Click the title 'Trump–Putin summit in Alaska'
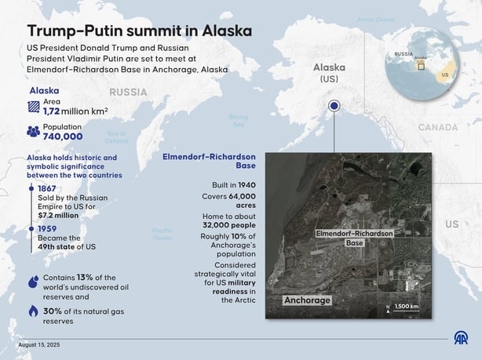tap(140, 31)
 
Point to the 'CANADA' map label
tap(436, 126)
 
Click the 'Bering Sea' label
tap(238, 120)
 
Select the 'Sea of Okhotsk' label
tap(116, 137)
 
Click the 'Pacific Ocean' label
tap(162, 234)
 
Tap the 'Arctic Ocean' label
tap(376, 19)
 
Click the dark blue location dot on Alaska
tap(334, 106)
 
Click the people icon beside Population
tap(32, 132)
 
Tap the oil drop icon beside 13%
tap(32, 281)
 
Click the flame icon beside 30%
tap(32, 311)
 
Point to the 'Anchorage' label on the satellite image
tap(307, 300)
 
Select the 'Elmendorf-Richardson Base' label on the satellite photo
tap(355, 238)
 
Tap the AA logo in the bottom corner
tap(460, 338)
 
